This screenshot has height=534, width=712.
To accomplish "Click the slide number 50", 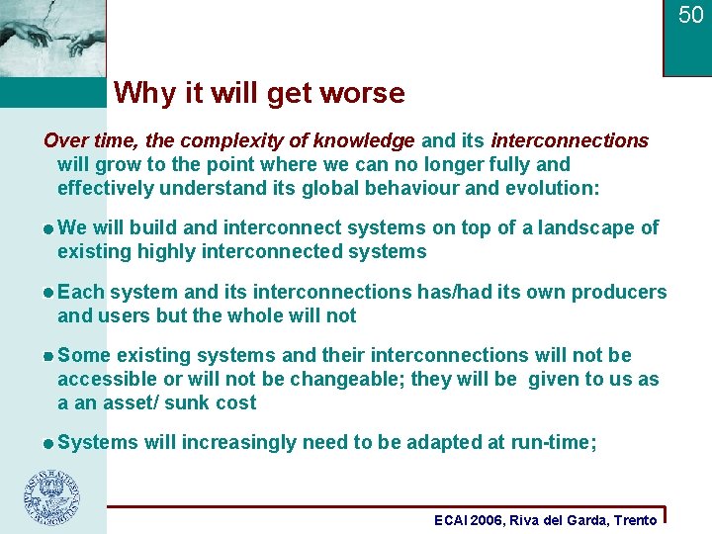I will (x=690, y=15).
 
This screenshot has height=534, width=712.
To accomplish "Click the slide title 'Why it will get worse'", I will (x=259, y=93).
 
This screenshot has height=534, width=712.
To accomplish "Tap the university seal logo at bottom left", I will (x=52, y=496).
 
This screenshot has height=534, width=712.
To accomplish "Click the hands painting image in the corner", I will (x=51, y=39).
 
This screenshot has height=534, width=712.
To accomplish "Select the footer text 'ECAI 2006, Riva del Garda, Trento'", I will (x=546, y=520).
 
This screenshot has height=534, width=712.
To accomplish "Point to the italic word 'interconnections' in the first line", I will (x=570, y=140).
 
